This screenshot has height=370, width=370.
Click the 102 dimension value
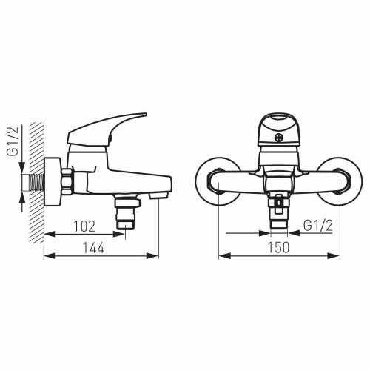84,226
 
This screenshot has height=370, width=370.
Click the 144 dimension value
93,248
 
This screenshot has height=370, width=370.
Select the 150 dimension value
278,248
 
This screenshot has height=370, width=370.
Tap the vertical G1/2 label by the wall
13,141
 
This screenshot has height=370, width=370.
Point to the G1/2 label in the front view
318,226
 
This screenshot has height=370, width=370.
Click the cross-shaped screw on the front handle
279,138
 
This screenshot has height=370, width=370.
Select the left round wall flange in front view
218,181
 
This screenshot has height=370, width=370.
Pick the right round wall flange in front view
340,181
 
